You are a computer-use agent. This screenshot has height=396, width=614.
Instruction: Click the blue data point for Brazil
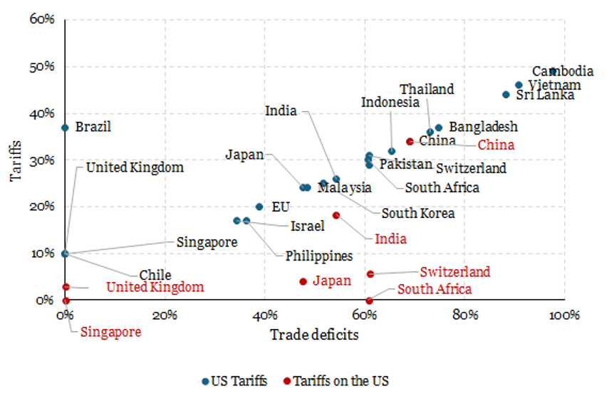(x=65, y=127)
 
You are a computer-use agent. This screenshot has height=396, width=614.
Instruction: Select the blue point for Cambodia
(x=553, y=71)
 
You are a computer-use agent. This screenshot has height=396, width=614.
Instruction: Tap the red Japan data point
(x=303, y=281)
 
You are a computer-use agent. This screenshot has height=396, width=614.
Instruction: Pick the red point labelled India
(x=336, y=215)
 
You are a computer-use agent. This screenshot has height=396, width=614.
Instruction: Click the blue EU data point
(x=259, y=207)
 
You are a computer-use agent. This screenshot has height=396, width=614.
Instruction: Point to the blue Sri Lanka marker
(x=506, y=95)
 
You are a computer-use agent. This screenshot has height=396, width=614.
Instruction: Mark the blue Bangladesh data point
(x=439, y=127)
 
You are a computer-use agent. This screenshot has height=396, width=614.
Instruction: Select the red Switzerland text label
(x=454, y=271)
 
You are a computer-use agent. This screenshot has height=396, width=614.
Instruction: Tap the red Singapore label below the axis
(x=110, y=331)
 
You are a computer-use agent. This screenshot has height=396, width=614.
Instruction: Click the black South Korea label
(x=417, y=213)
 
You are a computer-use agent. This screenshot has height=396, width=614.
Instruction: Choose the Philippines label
(x=319, y=256)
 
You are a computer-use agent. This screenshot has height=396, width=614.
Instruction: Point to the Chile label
(x=155, y=275)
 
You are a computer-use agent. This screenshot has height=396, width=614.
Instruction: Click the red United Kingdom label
(x=155, y=287)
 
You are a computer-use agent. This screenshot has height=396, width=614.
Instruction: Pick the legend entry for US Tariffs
(x=234, y=381)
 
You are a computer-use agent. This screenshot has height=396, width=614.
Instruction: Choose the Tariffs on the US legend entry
(x=335, y=381)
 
